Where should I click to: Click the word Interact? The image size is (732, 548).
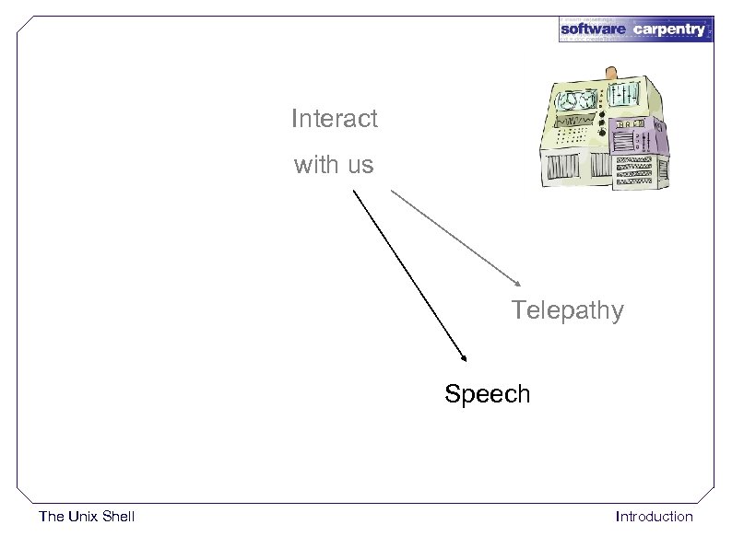pos(334,119)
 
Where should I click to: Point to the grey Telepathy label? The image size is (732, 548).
pos(568,310)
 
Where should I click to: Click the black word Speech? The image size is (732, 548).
pos(487,394)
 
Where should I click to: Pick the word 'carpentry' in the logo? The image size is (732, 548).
pos(668,29)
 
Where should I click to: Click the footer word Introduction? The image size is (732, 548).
pos(654,517)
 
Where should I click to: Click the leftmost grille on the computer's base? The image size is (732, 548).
pos(556,167)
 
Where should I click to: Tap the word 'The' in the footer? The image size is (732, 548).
pos(52,517)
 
